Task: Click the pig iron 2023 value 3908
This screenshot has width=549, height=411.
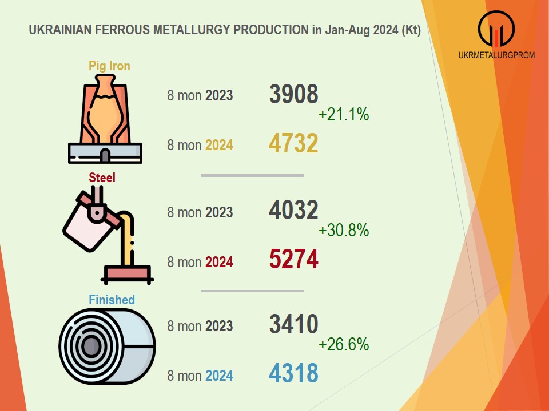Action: (293, 94)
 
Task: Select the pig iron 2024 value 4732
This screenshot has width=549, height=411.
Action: (293, 143)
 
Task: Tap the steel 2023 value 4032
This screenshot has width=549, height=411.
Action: (293, 211)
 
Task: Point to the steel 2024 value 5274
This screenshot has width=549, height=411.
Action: (293, 260)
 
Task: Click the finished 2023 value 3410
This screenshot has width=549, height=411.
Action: (293, 324)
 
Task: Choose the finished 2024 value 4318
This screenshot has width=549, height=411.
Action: (293, 374)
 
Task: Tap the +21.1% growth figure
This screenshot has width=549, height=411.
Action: (344, 115)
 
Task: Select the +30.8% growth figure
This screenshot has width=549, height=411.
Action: (344, 231)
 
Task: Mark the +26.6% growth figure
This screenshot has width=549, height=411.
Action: (344, 345)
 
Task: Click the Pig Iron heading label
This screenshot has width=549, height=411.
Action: (109, 66)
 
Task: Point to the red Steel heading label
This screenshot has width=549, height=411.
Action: (102, 178)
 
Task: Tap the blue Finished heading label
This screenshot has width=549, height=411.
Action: (112, 299)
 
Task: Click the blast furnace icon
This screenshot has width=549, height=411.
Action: (105, 121)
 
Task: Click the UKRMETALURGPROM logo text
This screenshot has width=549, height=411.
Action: (497, 55)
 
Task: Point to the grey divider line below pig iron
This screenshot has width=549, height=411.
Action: (252, 176)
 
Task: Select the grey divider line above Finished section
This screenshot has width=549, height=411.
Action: (252, 291)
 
